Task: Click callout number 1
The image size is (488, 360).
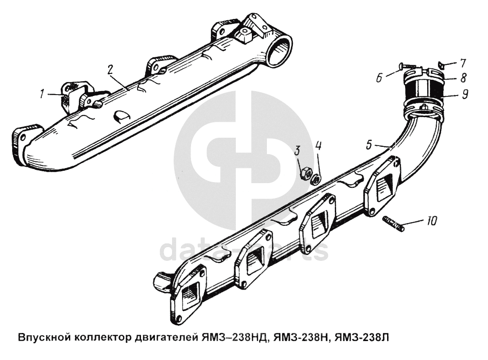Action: tap(42, 95)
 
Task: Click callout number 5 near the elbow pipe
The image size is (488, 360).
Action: tap(369, 146)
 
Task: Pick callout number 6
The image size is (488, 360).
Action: tap(379, 77)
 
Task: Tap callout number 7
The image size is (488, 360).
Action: tap(463, 63)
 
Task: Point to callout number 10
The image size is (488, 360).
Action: tap(431, 222)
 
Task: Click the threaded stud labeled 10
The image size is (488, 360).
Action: tap(394, 223)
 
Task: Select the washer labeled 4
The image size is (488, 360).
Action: tap(316, 179)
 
